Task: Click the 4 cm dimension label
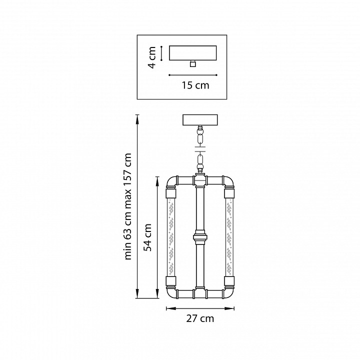pos(152,57)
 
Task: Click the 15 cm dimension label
pos(195,85)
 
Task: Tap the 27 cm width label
pos(200,318)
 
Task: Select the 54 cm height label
pos(147,237)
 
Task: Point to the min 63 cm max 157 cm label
pos(127,206)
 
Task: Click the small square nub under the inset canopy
pos(193,63)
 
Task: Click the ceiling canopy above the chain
pos(200,120)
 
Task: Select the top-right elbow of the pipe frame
pos(228,182)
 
